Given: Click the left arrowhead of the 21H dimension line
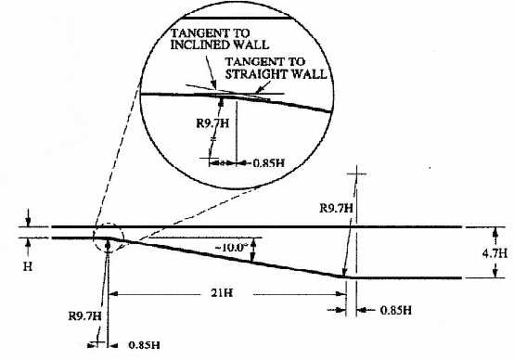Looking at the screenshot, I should click(113, 294).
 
